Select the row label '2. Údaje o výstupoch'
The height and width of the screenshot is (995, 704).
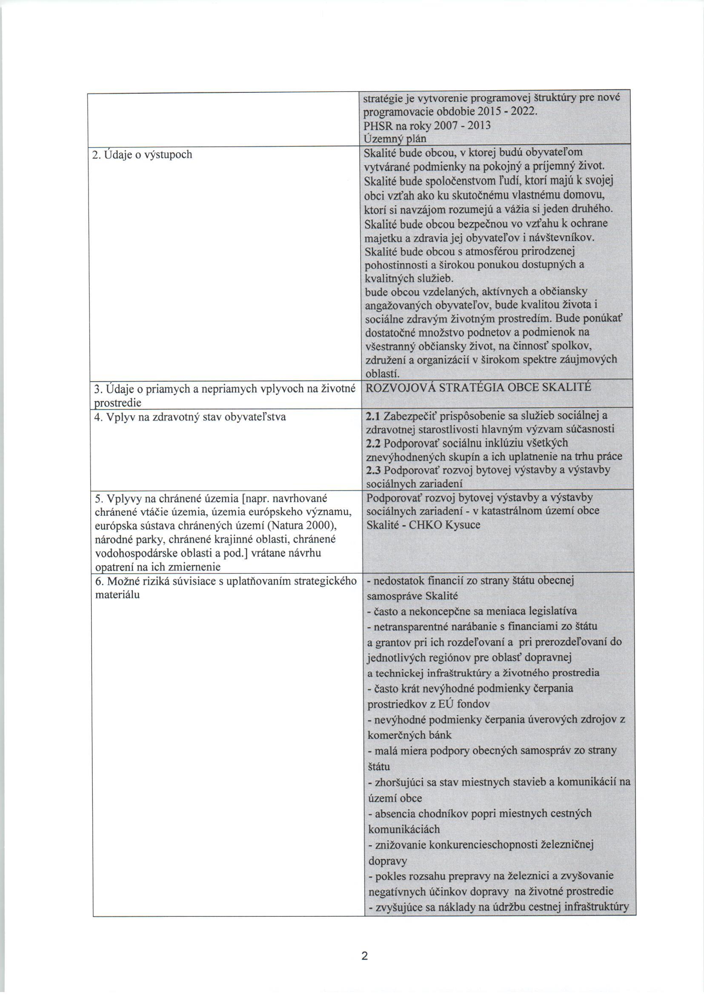143,155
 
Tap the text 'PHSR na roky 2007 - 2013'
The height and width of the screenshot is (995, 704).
427,126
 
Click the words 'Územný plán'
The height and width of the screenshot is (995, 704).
395,139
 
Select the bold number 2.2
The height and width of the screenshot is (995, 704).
373,443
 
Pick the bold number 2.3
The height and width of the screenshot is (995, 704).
373,470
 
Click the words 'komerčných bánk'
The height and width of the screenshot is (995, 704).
409,735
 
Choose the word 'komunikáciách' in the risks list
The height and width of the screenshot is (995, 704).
404,829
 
